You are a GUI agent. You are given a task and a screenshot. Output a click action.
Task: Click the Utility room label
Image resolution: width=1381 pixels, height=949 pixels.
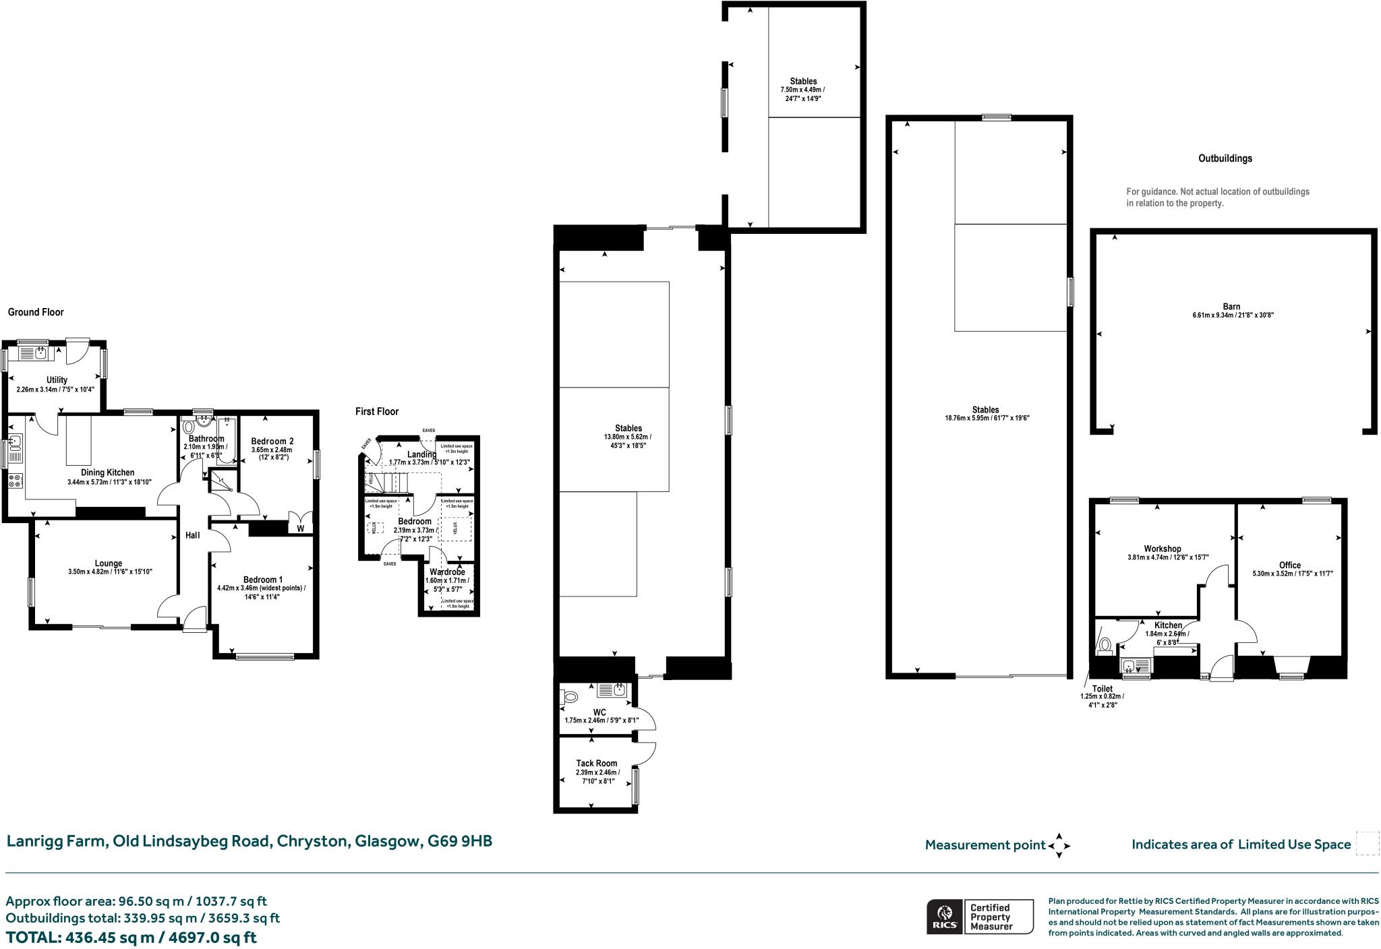tap(57, 380)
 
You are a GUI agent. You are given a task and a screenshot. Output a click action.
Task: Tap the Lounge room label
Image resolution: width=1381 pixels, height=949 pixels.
tap(108, 563)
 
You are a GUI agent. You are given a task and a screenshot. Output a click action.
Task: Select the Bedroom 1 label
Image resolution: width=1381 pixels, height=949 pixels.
tap(262, 580)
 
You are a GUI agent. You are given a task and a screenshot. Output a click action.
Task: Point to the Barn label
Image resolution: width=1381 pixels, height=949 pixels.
tap(1232, 307)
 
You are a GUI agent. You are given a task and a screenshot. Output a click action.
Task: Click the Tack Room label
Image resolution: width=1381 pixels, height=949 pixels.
tap(596, 764)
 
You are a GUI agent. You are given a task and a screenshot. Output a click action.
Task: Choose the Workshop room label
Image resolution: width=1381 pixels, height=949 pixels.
tap(1162, 549)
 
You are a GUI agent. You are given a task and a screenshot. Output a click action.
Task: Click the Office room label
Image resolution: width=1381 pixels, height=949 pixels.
tap(1289, 565)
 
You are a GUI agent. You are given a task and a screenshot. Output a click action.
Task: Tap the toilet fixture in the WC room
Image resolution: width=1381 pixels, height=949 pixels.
tap(570, 697)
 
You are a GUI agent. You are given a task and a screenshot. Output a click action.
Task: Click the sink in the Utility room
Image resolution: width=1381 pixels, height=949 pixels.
tap(40, 353)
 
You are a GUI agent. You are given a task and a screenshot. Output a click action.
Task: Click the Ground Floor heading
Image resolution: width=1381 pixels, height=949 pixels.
tap(36, 312)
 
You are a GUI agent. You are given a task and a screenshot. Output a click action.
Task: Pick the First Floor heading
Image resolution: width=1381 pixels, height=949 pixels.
tap(377, 411)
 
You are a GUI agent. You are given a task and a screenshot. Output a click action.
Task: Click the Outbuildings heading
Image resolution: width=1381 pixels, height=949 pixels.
tap(1225, 158)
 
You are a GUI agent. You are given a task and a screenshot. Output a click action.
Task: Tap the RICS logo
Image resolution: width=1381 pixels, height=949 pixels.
tap(944, 916)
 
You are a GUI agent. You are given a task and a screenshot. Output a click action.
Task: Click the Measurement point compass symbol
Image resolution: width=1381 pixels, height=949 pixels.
tap(1059, 845)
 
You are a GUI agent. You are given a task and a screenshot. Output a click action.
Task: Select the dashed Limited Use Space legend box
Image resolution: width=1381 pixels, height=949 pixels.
tap(1367, 844)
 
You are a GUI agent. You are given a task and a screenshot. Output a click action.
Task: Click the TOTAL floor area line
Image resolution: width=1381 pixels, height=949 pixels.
tap(131, 938)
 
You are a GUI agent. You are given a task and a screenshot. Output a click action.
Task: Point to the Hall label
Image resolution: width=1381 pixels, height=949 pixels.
tap(193, 535)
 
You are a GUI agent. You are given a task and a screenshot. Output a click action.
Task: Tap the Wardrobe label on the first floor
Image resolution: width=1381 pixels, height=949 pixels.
tap(447, 572)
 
